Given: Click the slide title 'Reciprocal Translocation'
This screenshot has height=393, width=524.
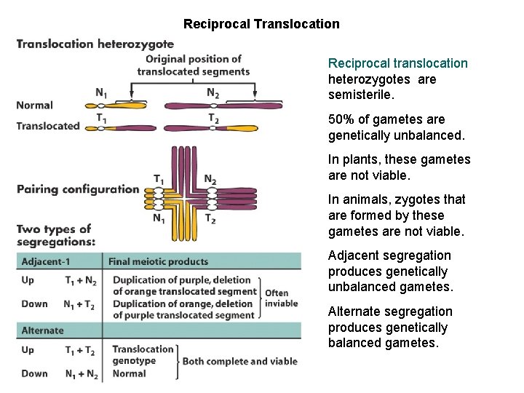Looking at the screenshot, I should (261, 24).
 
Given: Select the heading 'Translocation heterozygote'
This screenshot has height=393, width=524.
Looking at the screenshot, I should (95, 44).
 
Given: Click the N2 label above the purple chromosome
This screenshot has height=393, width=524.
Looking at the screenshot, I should (213, 92).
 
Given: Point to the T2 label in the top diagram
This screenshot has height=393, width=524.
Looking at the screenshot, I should (213, 118).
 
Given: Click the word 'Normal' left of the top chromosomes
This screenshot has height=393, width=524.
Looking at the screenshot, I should (35, 106).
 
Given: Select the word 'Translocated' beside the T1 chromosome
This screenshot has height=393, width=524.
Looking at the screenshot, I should (48, 126).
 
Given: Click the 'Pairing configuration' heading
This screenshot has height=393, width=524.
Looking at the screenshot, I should (77, 189).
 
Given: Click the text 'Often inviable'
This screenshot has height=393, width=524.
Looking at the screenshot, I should (282, 298).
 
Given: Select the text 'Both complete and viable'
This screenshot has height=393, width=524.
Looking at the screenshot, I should (239, 362).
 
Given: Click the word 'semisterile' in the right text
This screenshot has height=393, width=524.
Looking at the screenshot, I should (359, 95).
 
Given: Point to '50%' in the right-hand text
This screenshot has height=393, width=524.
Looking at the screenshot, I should (341, 119).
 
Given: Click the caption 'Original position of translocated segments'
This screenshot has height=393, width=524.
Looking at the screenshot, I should (194, 65).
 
